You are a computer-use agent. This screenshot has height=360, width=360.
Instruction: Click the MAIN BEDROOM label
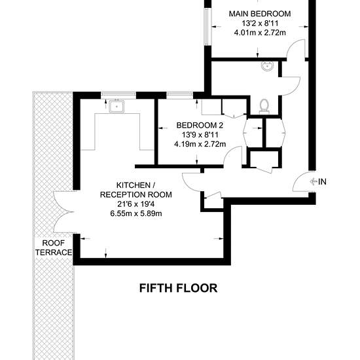click(260, 14)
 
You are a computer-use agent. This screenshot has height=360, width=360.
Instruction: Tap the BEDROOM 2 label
click(200, 126)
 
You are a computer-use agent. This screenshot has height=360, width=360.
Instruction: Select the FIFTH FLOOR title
click(179, 288)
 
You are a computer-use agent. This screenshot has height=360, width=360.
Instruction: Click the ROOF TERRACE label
click(54, 247)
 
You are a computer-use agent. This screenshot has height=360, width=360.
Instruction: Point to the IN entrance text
click(322, 181)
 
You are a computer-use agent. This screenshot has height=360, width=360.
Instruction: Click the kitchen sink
click(117, 107)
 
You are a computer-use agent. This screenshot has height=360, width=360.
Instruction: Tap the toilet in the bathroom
click(264, 106)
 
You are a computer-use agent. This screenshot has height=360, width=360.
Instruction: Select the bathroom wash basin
click(267, 66)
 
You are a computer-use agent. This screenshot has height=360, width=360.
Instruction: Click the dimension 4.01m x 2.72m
click(260, 33)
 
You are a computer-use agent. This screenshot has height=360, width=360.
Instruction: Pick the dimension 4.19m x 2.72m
click(200, 144)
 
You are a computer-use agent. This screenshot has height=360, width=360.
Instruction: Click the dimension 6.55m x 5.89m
click(136, 213)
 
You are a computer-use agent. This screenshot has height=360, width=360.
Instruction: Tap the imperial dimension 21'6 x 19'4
click(136, 204)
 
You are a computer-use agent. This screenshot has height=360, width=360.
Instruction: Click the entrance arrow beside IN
click(314, 181)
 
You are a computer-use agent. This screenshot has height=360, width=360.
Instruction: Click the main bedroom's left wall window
click(207, 27)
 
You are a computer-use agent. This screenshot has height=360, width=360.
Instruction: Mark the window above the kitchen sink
click(118, 94)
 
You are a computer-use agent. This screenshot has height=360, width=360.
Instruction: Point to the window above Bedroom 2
click(179, 94)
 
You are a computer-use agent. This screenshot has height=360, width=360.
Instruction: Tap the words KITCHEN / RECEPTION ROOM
click(136, 190)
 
